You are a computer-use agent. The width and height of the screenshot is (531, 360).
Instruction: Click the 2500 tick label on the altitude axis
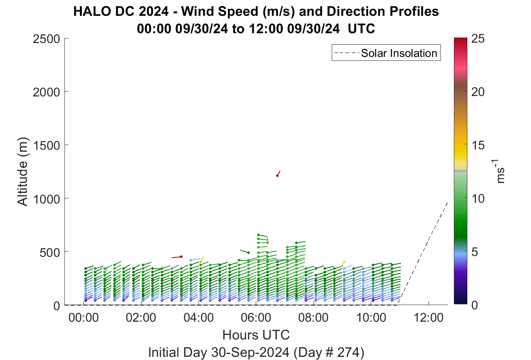coord(46,39)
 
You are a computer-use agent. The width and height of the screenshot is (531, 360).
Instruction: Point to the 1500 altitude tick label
coord(47,145)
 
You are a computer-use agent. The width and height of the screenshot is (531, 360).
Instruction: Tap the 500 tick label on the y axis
coord(50,253)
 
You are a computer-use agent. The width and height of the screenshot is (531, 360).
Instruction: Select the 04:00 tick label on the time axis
coord(198,318)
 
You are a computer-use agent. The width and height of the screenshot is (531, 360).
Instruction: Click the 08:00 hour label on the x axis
coord(314,318)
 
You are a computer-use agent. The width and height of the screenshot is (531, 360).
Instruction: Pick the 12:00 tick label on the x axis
coord(428,318)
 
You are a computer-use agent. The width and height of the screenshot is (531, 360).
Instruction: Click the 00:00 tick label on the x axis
coord(83,318)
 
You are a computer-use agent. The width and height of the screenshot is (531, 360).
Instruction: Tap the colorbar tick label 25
coord(478,39)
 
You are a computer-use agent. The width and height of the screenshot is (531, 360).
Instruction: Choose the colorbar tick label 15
coord(478,145)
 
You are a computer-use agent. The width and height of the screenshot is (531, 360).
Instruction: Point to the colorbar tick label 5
coord(474,252)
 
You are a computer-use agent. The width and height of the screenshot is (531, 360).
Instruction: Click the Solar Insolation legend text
coord(399,53)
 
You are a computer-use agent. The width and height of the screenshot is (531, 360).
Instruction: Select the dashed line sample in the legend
coord(347,53)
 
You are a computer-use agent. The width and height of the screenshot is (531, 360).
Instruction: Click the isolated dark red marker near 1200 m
coord(277,175)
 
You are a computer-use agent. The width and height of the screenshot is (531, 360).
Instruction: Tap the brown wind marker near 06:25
coord(268,243)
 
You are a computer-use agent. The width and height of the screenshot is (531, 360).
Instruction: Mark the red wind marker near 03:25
coord(181,256)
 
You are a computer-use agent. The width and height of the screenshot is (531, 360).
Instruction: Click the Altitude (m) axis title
coord(23,172)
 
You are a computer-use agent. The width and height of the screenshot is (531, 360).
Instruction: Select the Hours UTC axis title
coord(256,335)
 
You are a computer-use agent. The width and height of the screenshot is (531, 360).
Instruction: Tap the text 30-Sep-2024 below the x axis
coord(250,352)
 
